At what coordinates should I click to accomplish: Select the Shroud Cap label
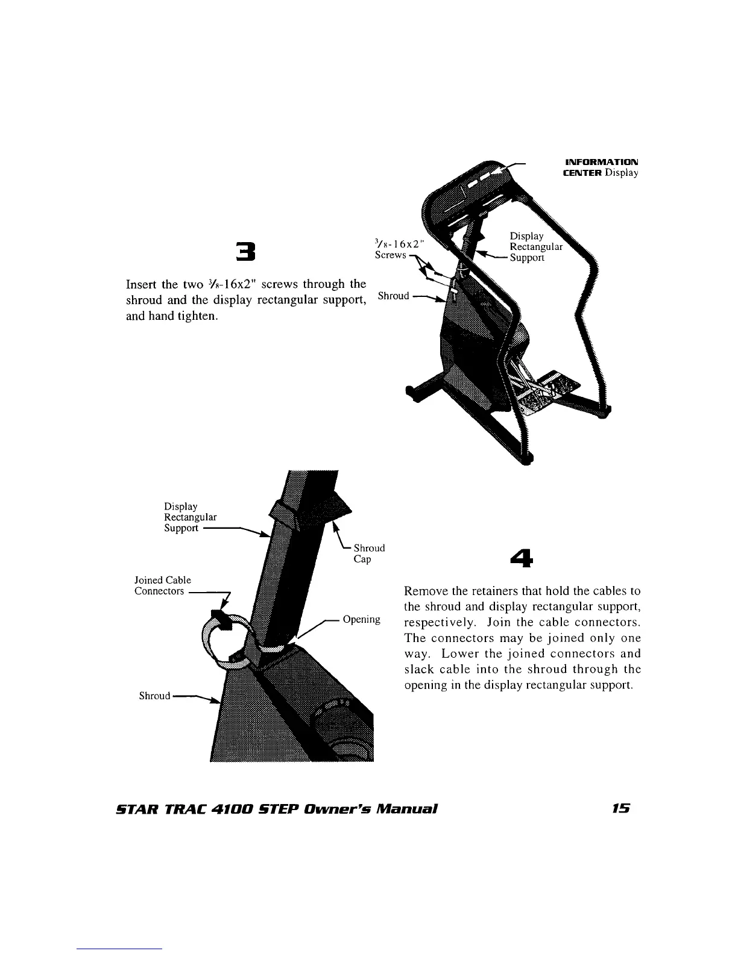[x=368, y=553]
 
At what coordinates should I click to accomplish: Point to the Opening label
[x=361, y=620]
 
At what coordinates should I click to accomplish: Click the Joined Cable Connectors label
[x=162, y=585]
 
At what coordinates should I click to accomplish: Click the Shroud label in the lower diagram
[x=154, y=696]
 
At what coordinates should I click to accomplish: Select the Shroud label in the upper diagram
[x=393, y=296]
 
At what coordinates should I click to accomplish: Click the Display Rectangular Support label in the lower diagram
[x=190, y=517]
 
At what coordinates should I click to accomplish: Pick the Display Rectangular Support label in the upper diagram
[x=535, y=247]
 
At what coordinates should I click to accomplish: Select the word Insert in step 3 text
[x=140, y=284]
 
